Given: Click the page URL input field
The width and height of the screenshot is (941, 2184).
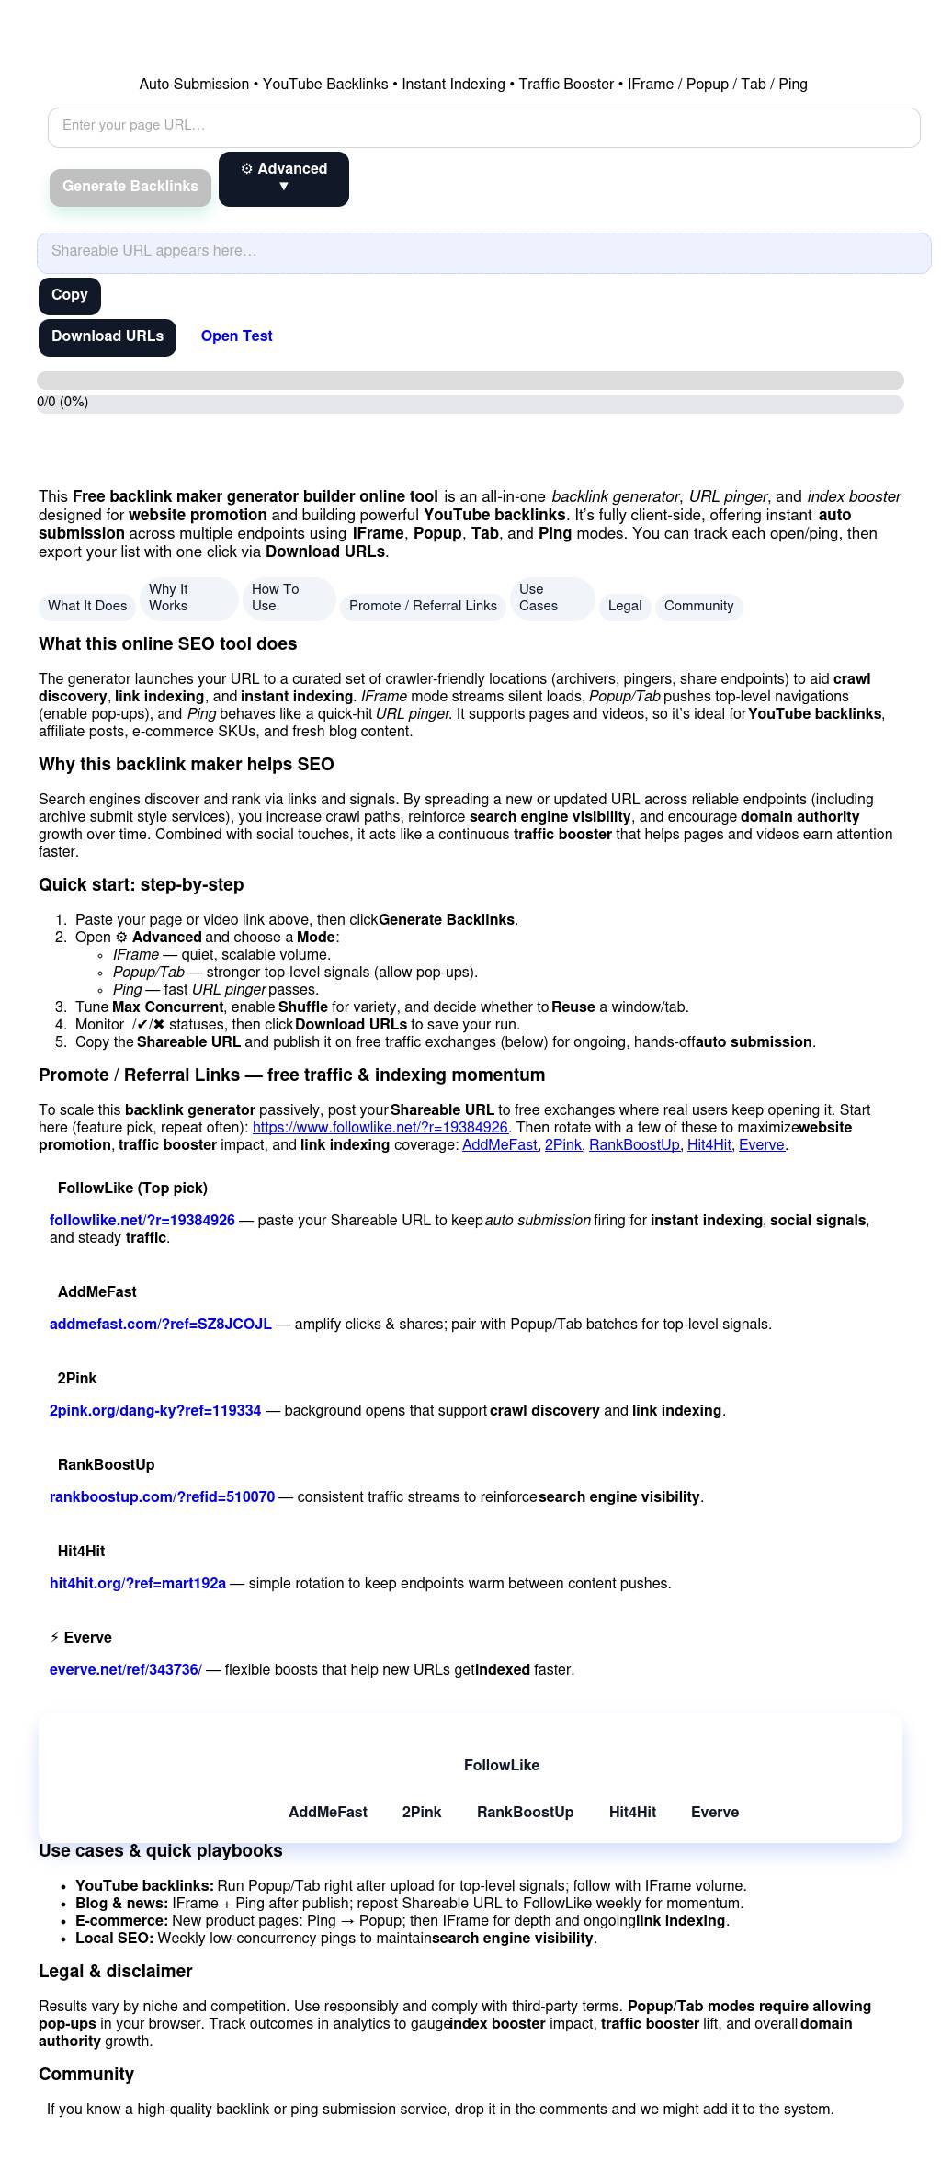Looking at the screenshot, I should click(x=483, y=127).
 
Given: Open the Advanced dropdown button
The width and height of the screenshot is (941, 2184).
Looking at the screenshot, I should click(x=283, y=178).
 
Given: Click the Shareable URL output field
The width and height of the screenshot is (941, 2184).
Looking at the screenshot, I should click(x=483, y=252).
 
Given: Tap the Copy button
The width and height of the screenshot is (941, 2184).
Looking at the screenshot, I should click(x=70, y=296).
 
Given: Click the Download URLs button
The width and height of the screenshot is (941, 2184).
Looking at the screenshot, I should click(x=108, y=337).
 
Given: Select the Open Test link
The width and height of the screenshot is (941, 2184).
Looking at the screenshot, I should click(x=236, y=336).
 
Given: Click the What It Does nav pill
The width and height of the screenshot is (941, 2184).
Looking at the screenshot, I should click(x=87, y=606).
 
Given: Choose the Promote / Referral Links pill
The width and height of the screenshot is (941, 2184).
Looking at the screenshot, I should click(x=423, y=606).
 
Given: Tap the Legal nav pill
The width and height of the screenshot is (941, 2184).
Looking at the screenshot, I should click(x=625, y=606).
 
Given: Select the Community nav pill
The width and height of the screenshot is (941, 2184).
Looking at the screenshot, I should click(x=698, y=606).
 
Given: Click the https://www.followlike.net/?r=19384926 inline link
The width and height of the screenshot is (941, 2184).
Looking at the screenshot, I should click(x=380, y=1128).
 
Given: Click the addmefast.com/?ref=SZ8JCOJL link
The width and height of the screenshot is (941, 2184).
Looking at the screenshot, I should click(x=161, y=1325).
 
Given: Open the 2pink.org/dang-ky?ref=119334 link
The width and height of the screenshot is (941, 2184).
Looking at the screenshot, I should click(x=155, y=1411).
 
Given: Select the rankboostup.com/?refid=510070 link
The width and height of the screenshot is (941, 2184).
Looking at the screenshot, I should click(x=163, y=1497).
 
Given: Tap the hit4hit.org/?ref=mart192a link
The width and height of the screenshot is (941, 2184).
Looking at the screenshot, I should click(x=138, y=1584).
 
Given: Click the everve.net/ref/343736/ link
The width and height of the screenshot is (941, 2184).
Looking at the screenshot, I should click(x=126, y=1670).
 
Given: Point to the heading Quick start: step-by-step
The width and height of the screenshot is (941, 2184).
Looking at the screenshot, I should click(x=141, y=885).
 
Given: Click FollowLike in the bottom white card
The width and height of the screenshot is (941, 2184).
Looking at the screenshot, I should click(x=502, y=1766).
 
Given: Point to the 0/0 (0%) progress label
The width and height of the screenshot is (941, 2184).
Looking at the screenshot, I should click(x=62, y=403).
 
